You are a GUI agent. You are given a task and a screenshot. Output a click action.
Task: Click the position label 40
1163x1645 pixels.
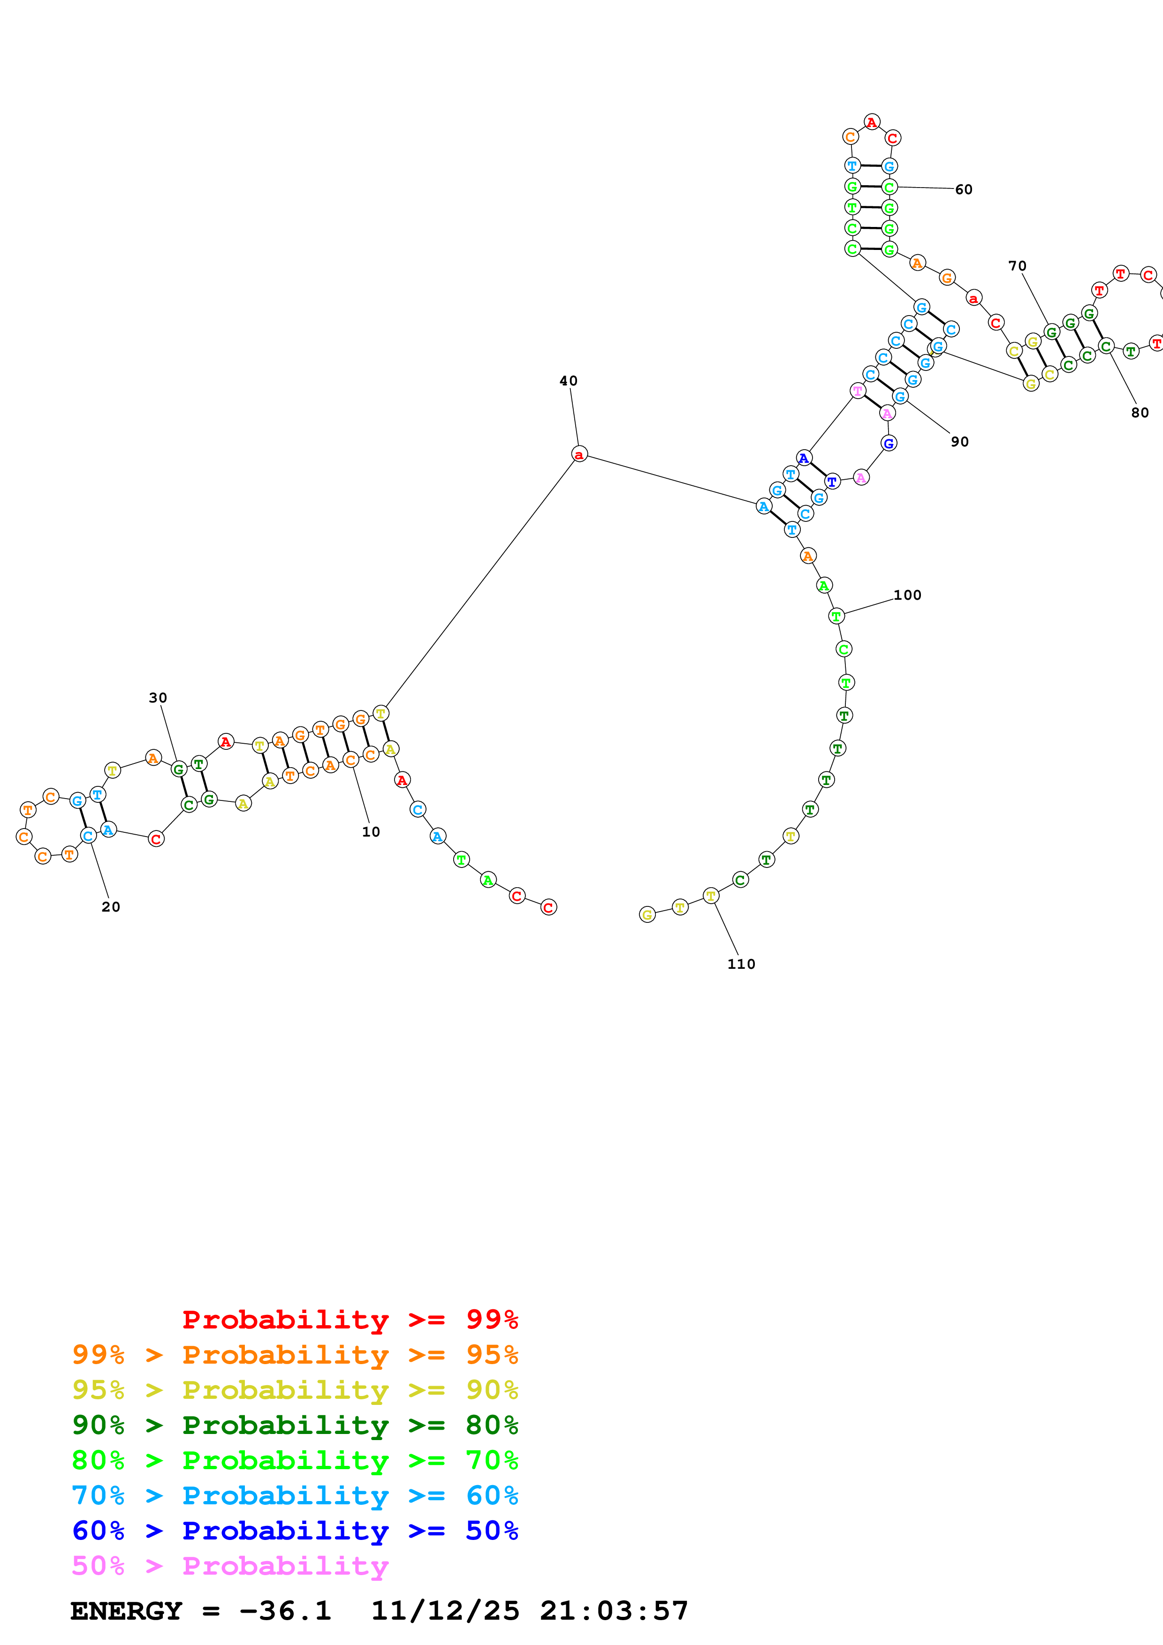coord(568,381)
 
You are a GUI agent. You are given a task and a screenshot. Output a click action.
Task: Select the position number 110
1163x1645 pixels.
coord(741,965)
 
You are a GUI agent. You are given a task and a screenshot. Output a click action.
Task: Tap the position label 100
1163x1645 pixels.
coord(907,596)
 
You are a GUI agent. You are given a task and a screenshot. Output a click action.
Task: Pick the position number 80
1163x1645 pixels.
coord(1140,413)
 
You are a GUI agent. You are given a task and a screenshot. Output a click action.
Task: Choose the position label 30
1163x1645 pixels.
coord(158,698)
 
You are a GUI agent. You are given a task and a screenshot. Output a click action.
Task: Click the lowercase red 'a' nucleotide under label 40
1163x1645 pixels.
coord(579,454)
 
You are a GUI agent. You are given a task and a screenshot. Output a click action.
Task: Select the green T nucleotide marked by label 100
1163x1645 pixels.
coord(836,616)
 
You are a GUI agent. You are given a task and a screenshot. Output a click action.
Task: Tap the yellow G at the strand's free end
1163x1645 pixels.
coord(647,915)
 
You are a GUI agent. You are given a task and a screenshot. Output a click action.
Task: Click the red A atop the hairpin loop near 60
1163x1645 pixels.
coord(871,122)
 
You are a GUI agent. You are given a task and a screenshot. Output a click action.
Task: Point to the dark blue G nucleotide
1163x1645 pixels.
coord(889,444)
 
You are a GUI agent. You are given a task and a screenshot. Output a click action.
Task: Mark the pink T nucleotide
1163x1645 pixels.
coord(857,391)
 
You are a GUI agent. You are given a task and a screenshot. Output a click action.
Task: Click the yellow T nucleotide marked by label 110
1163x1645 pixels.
coord(710,896)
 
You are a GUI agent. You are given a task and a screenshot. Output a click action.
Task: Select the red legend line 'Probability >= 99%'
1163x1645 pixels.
coord(350,1320)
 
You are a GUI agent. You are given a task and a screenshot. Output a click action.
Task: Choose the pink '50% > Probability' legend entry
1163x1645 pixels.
coord(229,1566)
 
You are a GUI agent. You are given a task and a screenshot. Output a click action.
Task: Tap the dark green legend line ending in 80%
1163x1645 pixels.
coord(295,1425)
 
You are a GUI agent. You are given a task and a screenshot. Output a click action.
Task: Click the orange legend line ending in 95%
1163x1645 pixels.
coord(295,1355)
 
